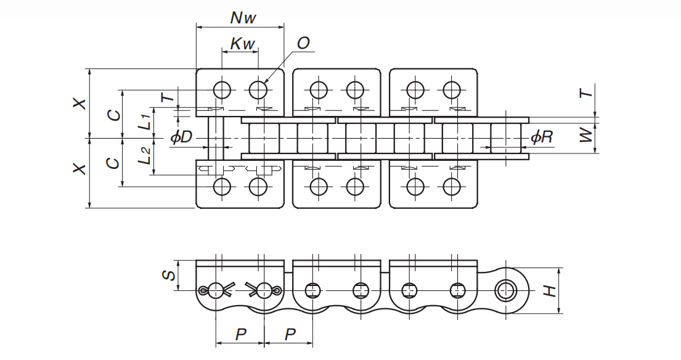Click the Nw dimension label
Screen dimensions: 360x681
[x=243, y=17]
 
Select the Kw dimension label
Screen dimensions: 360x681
[x=243, y=44]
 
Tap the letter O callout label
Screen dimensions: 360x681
[x=303, y=43]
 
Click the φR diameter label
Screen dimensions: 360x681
[x=541, y=137]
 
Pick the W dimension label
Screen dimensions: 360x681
[x=587, y=135]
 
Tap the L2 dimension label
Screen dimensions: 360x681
[x=145, y=155]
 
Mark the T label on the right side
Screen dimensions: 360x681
[x=587, y=92]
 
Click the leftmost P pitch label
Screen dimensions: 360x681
[x=240, y=334]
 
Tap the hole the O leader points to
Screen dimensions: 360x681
[x=259, y=90]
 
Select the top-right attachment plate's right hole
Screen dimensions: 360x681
[x=452, y=90]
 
